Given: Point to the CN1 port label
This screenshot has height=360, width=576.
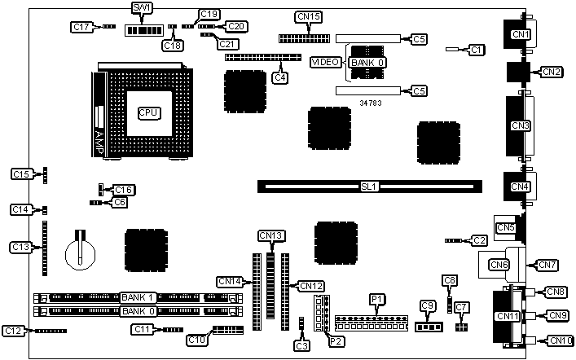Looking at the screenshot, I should (x=520, y=34).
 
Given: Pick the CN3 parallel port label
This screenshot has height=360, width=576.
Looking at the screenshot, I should (x=520, y=125).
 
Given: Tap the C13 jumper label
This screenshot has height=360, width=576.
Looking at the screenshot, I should (x=21, y=246).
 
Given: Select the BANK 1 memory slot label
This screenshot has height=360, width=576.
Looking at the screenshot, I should (x=139, y=298).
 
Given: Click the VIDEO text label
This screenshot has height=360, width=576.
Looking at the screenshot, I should (x=328, y=62).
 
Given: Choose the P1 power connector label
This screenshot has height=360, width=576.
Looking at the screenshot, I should (x=376, y=300).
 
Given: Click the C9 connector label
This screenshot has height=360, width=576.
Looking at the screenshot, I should (x=427, y=306).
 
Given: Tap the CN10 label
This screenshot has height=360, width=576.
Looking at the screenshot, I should (x=556, y=340).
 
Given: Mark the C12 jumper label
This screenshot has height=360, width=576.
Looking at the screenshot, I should (x=14, y=331).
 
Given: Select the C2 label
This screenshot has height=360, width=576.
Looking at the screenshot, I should (x=479, y=240).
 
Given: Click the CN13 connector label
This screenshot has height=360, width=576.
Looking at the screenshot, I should (x=271, y=235).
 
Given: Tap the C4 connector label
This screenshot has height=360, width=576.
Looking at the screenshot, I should (x=280, y=78).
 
